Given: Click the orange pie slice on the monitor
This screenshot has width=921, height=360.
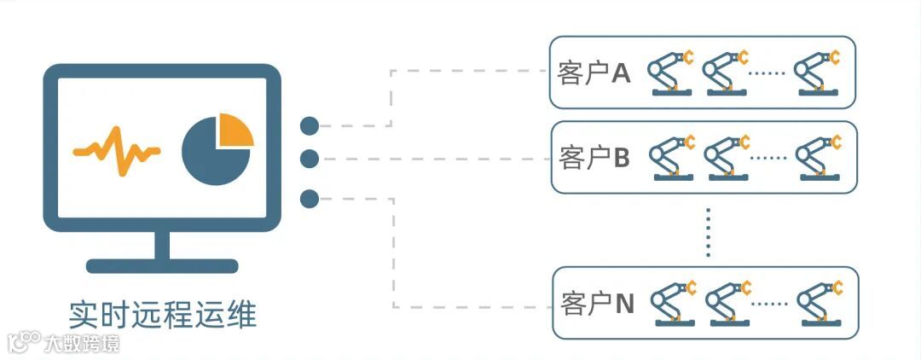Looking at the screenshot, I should (233, 129).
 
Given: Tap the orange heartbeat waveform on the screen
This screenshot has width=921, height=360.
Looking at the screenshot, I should (117, 152).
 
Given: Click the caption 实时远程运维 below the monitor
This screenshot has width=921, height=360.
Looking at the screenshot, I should (163, 315).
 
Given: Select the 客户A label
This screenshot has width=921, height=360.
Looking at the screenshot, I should (594, 73).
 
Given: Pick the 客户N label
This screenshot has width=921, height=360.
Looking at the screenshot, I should (598, 303).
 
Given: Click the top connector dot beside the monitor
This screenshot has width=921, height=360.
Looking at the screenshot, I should (310, 126).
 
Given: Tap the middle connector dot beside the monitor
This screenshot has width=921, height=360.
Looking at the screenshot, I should (310, 159).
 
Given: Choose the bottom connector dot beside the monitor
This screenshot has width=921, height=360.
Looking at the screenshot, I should (310, 200).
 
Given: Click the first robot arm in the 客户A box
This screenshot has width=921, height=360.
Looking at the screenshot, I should (670, 72).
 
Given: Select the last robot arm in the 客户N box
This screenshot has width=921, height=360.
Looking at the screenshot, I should (820, 302).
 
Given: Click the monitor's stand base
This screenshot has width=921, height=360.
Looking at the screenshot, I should (162, 265).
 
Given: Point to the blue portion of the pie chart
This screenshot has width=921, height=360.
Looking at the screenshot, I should (209, 158).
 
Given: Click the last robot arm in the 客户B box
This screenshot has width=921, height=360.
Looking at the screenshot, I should (819, 157).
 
